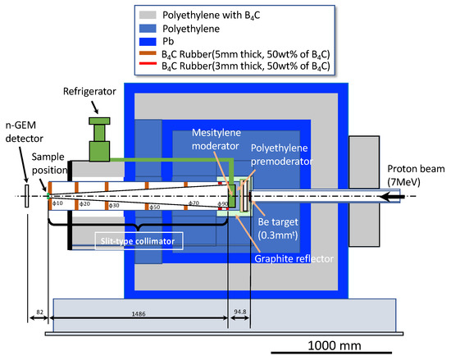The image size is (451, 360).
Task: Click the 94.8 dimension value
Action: click(x=240, y=313)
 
